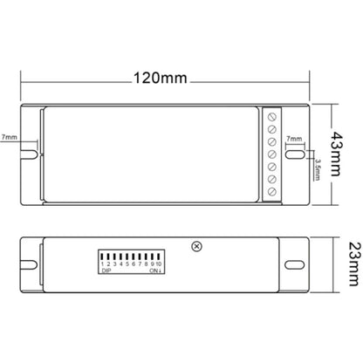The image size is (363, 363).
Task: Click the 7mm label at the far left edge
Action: coord(9,137)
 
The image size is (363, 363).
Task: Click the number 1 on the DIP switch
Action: coord(101,263)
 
